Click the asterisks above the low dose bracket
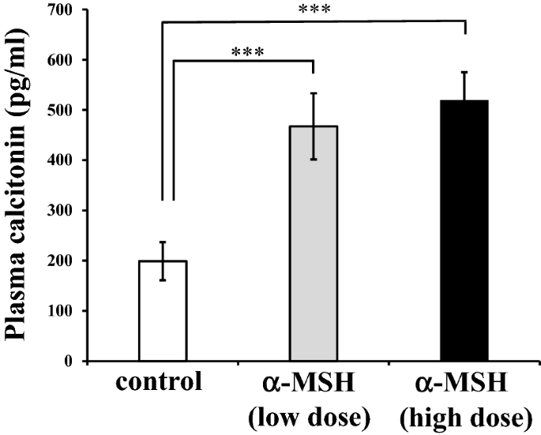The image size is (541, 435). pyautogui.click(x=247, y=53)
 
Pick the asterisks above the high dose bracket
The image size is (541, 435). pyautogui.click(x=314, y=10)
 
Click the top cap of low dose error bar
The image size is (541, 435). pyautogui.click(x=314, y=93)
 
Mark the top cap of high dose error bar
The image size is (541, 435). pyautogui.click(x=465, y=72)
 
